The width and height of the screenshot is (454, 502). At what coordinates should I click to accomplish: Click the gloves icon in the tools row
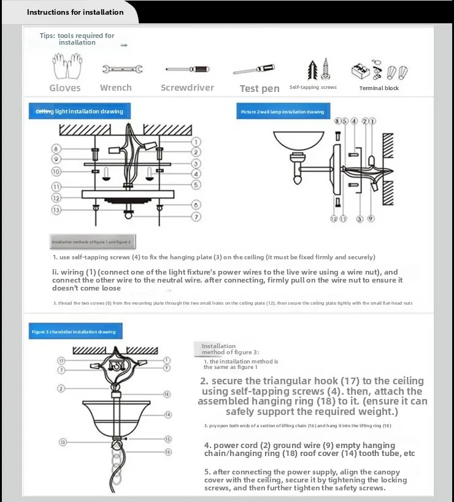coord(64,67)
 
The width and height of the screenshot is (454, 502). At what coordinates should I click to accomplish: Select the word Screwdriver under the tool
coord(187,88)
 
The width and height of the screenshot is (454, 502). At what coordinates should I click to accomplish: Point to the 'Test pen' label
coord(260,88)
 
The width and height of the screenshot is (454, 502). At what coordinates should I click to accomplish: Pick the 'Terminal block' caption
coord(379,88)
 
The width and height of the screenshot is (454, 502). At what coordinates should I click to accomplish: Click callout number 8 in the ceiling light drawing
coord(56,149)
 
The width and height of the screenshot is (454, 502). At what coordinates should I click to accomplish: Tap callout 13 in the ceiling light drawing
coord(56,210)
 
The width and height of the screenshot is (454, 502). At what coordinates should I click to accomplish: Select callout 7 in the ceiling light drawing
coord(196,216)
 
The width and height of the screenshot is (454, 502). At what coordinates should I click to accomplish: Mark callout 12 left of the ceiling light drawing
coord(56,198)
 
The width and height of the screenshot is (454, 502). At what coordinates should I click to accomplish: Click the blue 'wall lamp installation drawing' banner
coord(283,112)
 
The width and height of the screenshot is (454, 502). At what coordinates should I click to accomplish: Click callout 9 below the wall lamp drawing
coord(371,218)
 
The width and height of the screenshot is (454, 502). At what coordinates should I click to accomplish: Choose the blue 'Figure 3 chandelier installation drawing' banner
coord(74,332)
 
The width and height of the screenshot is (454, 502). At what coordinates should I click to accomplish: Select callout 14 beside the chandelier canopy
coord(168,415)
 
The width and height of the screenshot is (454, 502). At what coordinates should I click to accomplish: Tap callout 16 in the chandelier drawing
coord(168,451)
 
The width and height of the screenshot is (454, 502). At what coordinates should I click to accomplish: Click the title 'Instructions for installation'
coord(75,12)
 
